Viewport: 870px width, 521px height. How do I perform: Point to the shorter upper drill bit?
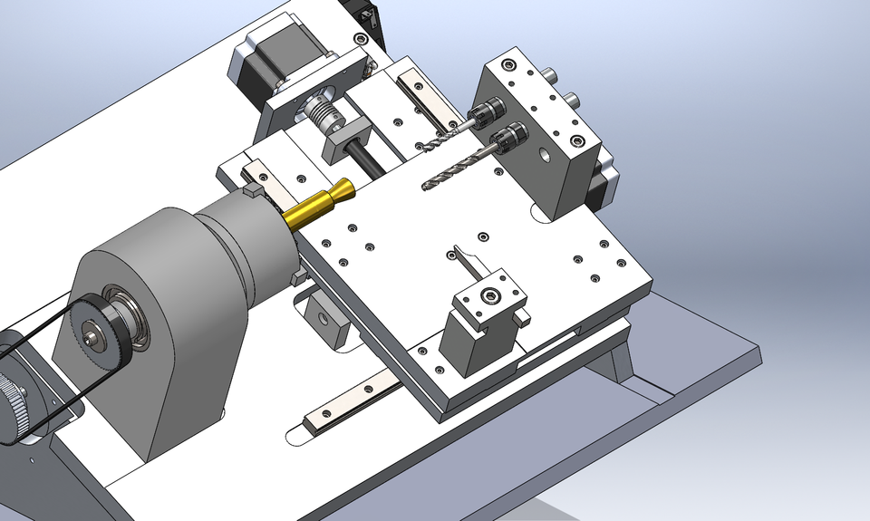444,136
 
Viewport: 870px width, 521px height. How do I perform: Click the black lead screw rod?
376,166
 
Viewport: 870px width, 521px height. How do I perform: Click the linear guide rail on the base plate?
353,403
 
